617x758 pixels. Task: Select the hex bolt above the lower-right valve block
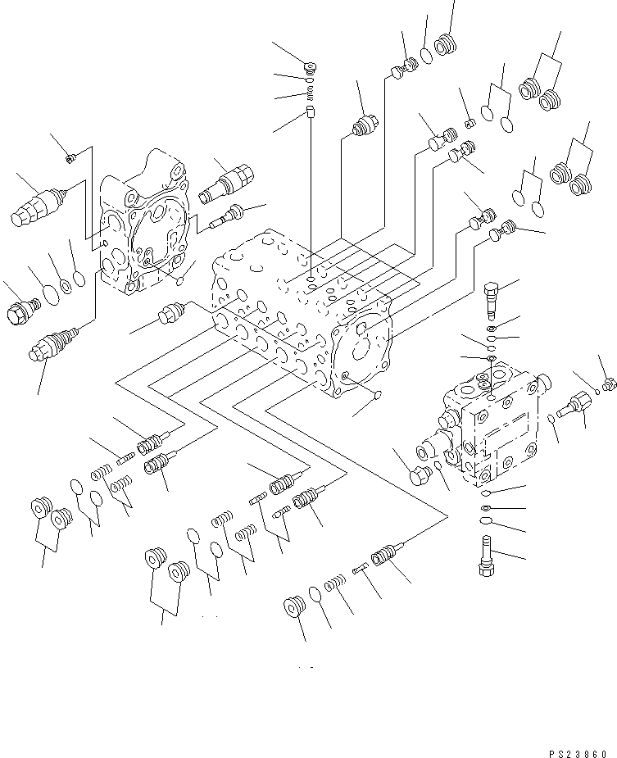pos(491,298)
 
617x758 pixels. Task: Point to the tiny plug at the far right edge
pos(609,383)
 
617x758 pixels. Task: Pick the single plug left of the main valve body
pos(174,313)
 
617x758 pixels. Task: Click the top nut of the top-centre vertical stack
pos(311,67)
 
